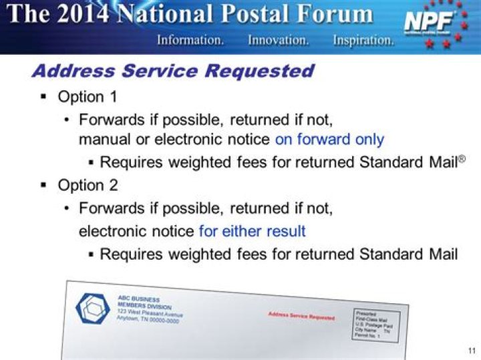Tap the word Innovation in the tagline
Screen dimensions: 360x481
pos(278,40)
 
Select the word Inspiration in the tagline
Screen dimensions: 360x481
pos(363,40)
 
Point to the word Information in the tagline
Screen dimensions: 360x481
pos(190,40)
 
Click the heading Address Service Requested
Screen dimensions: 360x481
pos(172,71)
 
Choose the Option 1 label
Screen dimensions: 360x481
pos(88,97)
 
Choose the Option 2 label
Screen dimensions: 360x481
pos(88,185)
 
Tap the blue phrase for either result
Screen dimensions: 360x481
pos(252,231)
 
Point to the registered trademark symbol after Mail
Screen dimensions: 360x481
pos(461,158)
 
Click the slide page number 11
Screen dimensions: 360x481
pos(471,351)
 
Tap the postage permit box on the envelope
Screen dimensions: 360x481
pos(377,325)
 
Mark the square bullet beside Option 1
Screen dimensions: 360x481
pos(44,97)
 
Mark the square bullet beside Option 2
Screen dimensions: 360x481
pos(44,185)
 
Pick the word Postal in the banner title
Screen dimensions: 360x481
pos(279,14)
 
